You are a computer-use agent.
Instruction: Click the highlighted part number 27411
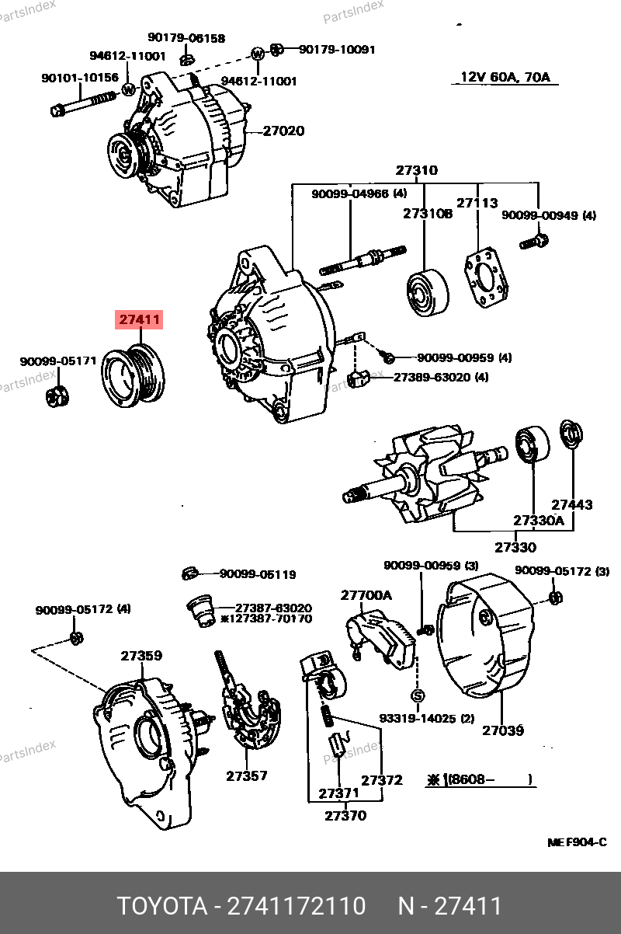coord(140,319)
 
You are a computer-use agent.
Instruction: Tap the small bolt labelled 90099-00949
coord(533,242)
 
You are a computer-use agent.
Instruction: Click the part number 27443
coord(571,504)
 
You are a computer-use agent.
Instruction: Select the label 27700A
coord(366,595)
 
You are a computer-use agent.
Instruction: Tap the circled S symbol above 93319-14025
coord(417,695)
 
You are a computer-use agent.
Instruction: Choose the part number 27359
coord(141,656)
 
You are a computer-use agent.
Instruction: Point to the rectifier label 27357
coord(247,775)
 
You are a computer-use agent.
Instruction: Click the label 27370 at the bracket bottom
coord(345,815)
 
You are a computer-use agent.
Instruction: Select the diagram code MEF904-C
coord(577,842)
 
